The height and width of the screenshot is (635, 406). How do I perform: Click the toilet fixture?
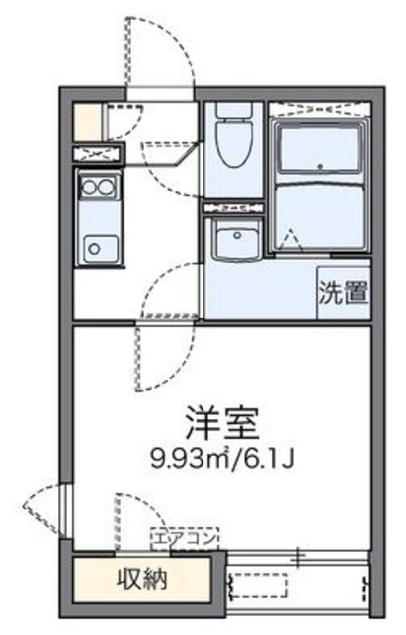click(231, 145)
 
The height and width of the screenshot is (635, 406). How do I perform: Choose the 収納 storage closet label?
click(142, 578)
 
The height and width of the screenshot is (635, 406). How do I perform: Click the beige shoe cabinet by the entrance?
click(88, 120)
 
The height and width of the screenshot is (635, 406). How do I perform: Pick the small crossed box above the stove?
click(96, 153)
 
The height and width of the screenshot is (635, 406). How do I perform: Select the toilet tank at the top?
click(231, 111)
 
